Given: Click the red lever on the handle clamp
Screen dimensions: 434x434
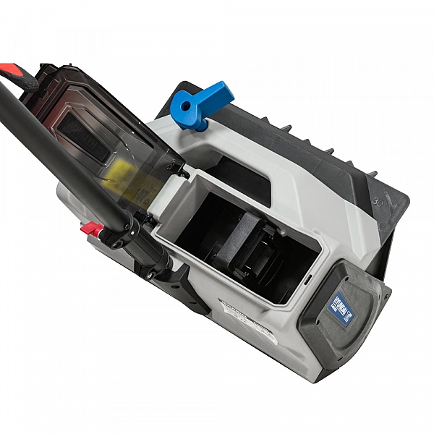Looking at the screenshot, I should pyautogui.click(x=92, y=231).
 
